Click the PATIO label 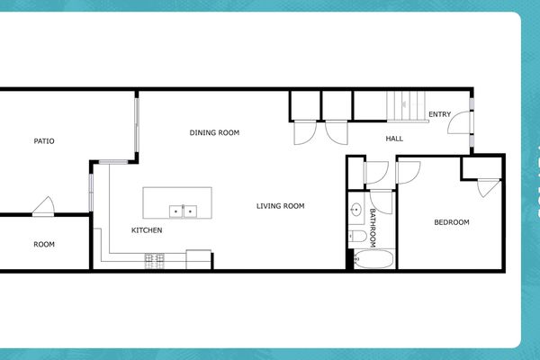pos(44,141)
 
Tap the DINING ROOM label pos(214,133)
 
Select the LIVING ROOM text pos(280,206)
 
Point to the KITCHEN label pos(147,230)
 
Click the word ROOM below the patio pos(44,244)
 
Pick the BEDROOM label pos(452,222)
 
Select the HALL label pos(394,139)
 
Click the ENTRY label pos(439,114)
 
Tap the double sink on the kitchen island pos(184,211)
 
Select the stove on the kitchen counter pos(155,260)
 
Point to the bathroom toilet pos(357,238)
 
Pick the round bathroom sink pos(355,211)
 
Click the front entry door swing pos(459,123)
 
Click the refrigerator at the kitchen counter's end pos(199,259)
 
